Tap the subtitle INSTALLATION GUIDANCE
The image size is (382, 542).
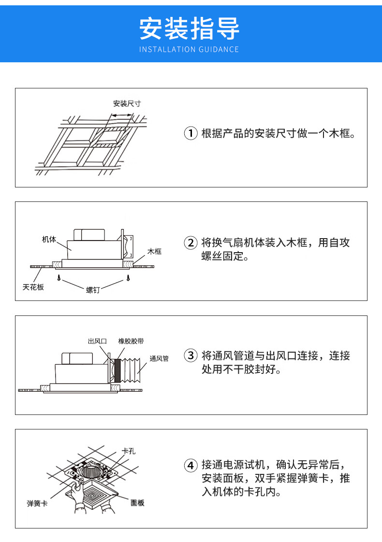tap(190, 49)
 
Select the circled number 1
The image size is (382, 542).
tap(191, 133)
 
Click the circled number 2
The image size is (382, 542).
tap(191, 243)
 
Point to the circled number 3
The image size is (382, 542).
tap(191, 357)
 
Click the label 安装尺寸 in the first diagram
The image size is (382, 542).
tap(127, 103)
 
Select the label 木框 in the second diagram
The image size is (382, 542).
tap(154, 252)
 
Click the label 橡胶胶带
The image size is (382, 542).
tap(131, 341)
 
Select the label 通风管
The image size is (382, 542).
tap(159, 358)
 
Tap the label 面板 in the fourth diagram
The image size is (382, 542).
tap(137, 503)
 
